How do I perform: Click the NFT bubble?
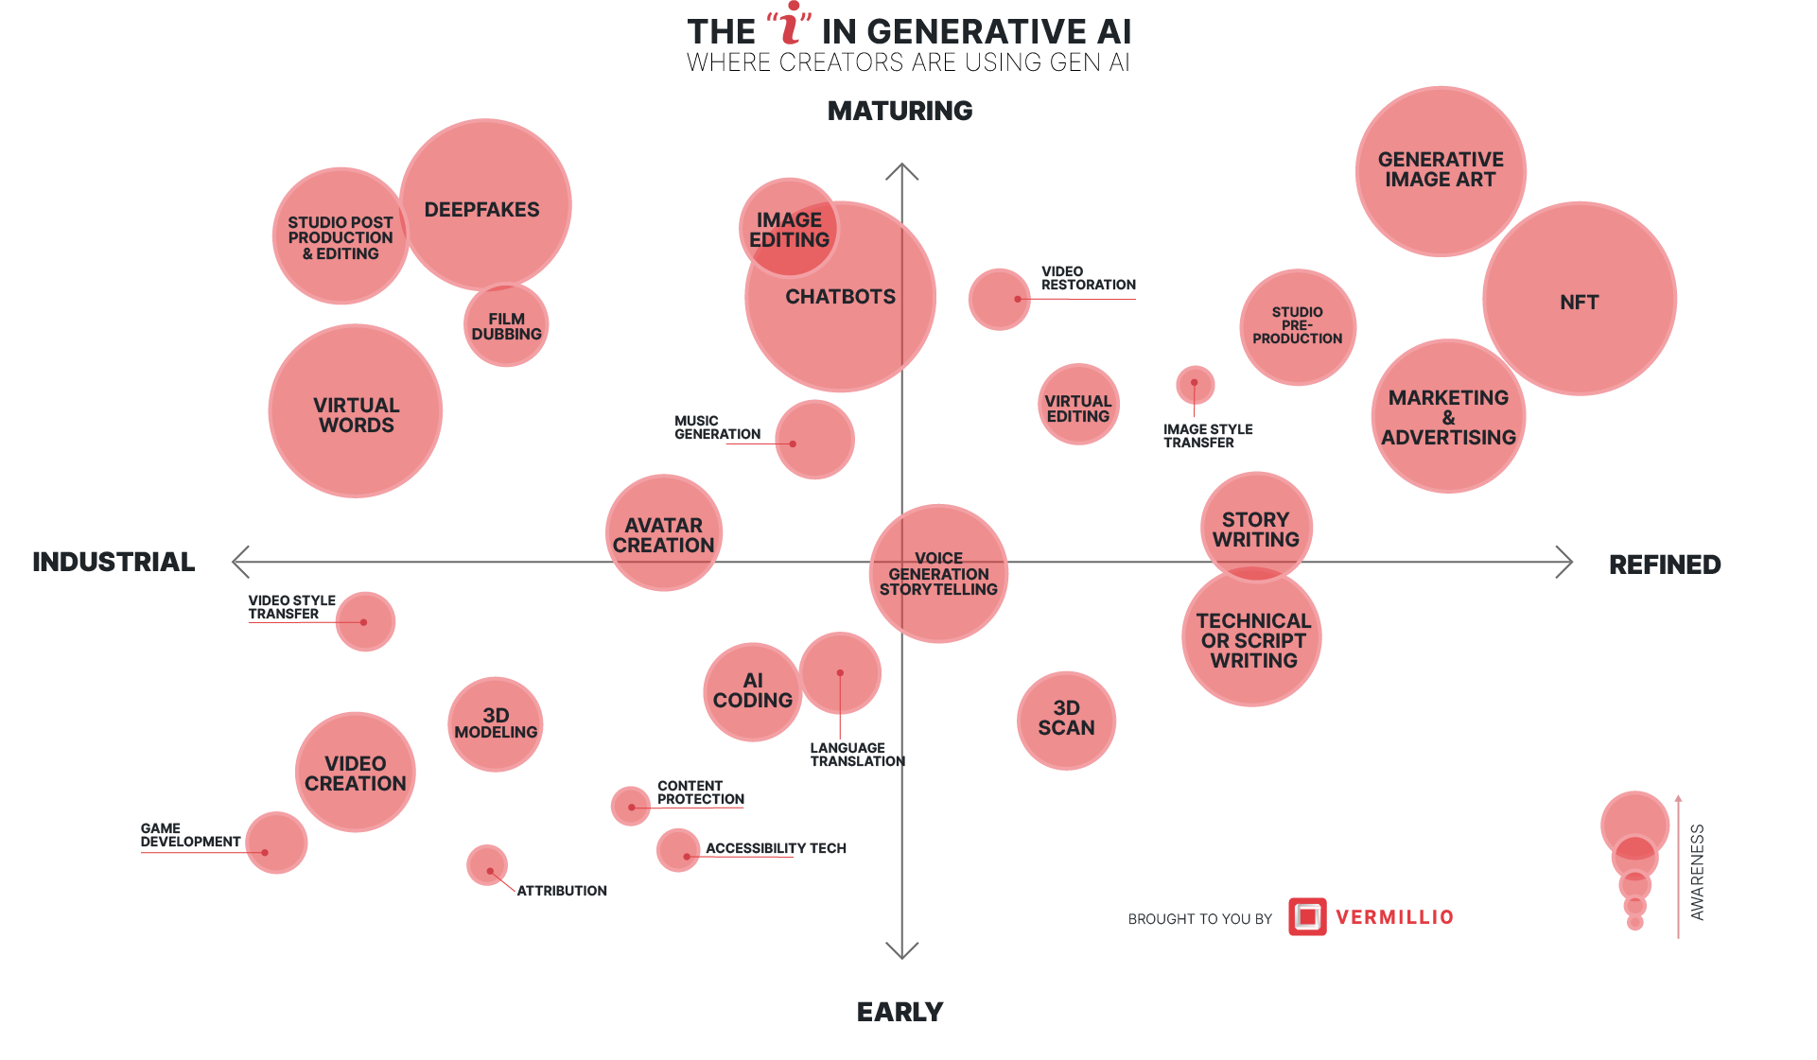[x=1579, y=300]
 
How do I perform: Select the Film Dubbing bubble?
[x=507, y=325]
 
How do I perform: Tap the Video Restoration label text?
[x=1088, y=278]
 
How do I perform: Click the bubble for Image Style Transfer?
[x=1195, y=384]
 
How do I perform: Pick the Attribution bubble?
[x=487, y=865]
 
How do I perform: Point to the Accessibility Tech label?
[x=776, y=848]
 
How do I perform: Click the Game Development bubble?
[x=276, y=842]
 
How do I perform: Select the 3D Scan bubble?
[x=1066, y=720]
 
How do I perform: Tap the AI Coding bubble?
[x=752, y=692]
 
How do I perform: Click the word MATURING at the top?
[x=900, y=111]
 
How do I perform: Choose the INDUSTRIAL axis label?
[x=114, y=562]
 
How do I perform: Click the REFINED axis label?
[x=1665, y=565]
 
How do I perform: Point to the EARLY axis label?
[x=900, y=1012]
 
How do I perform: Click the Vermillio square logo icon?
[x=1307, y=916]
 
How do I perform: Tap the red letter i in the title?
[x=790, y=26]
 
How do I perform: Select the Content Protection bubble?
[x=630, y=806]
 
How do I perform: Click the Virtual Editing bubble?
[x=1078, y=405]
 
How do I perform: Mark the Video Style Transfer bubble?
[x=365, y=622]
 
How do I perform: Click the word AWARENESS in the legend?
[x=1698, y=872]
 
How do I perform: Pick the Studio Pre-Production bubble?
[x=1298, y=326]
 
